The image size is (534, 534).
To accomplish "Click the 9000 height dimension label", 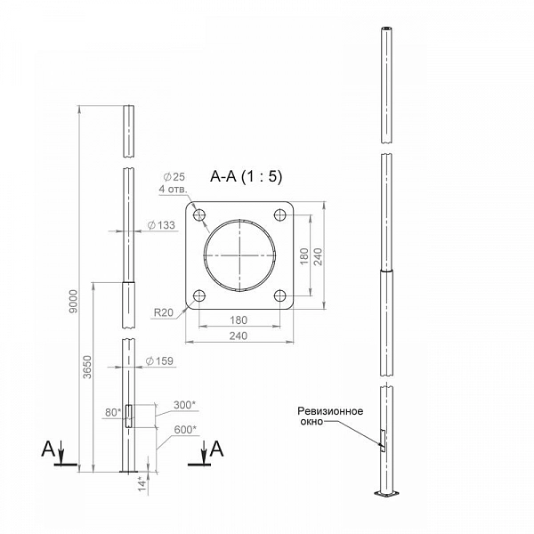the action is click(73, 302).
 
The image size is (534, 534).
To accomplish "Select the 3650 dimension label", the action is click(87, 367).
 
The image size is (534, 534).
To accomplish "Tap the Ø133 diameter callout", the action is click(161, 225).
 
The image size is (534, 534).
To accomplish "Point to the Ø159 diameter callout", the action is click(159, 361).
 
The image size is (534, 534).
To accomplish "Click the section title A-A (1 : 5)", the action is click(247, 176).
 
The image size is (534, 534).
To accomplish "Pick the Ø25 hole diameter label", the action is click(174, 177).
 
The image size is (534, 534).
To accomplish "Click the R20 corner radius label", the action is click(164, 312).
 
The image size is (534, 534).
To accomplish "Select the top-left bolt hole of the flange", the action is click(199, 214).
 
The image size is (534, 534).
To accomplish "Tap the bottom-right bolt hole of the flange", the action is click(280, 296).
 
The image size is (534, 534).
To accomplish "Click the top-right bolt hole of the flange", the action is click(280, 214).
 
